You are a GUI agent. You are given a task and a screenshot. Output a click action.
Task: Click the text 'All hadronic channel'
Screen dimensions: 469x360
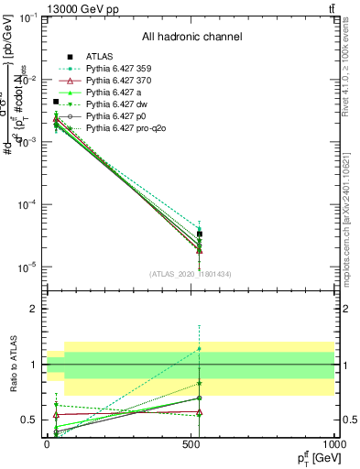(191, 37)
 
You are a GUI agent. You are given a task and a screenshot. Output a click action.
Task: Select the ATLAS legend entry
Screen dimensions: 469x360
(100, 58)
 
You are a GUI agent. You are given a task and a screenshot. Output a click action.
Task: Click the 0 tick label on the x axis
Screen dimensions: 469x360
(47, 442)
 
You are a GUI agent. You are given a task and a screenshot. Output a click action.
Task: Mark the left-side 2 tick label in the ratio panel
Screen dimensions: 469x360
(34, 309)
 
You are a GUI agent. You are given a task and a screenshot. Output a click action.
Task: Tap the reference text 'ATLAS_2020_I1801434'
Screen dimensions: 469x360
(191, 274)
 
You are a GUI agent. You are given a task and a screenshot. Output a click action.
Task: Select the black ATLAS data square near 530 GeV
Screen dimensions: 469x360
(199, 234)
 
